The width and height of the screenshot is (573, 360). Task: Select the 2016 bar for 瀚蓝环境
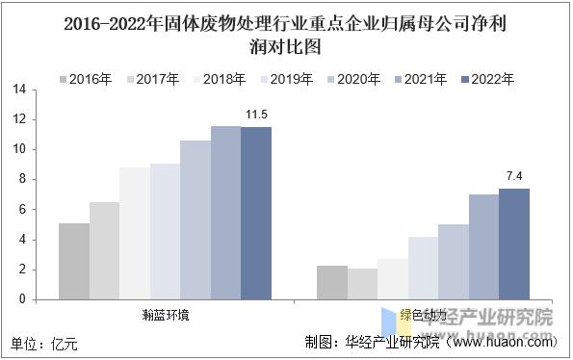(x=74, y=261)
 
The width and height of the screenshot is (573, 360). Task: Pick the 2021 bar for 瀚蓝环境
(x=225, y=213)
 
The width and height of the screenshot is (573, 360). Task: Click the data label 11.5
(x=256, y=116)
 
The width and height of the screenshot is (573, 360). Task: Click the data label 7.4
(x=514, y=177)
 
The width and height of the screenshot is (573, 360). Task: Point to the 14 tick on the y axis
(x=18, y=90)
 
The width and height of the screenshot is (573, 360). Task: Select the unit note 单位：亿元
(x=44, y=342)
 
